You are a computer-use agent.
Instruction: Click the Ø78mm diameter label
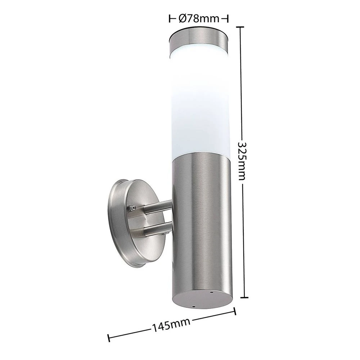tap(199, 19)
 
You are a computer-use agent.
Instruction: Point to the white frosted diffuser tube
tap(199, 103)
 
